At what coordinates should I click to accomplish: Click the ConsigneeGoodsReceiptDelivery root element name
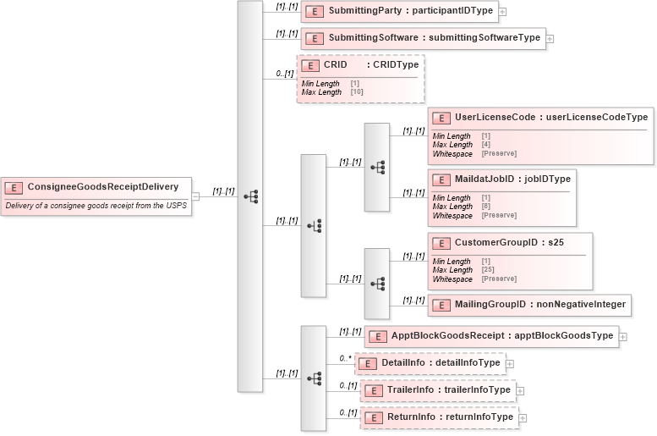click(x=102, y=186)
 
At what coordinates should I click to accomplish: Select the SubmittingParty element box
click(x=399, y=12)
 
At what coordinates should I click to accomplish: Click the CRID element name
click(x=336, y=64)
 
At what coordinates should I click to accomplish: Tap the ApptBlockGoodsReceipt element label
click(x=501, y=335)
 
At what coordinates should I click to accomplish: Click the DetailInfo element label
click(x=441, y=362)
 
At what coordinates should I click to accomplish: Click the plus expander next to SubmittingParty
click(x=502, y=12)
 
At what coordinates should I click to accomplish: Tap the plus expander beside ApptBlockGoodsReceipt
click(x=623, y=336)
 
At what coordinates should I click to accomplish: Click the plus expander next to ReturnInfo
click(x=523, y=417)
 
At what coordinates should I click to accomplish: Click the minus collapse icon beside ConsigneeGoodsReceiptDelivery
click(x=195, y=196)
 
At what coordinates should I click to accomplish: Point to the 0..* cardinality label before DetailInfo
click(x=345, y=358)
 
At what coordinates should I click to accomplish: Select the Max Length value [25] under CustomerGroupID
click(x=488, y=270)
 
